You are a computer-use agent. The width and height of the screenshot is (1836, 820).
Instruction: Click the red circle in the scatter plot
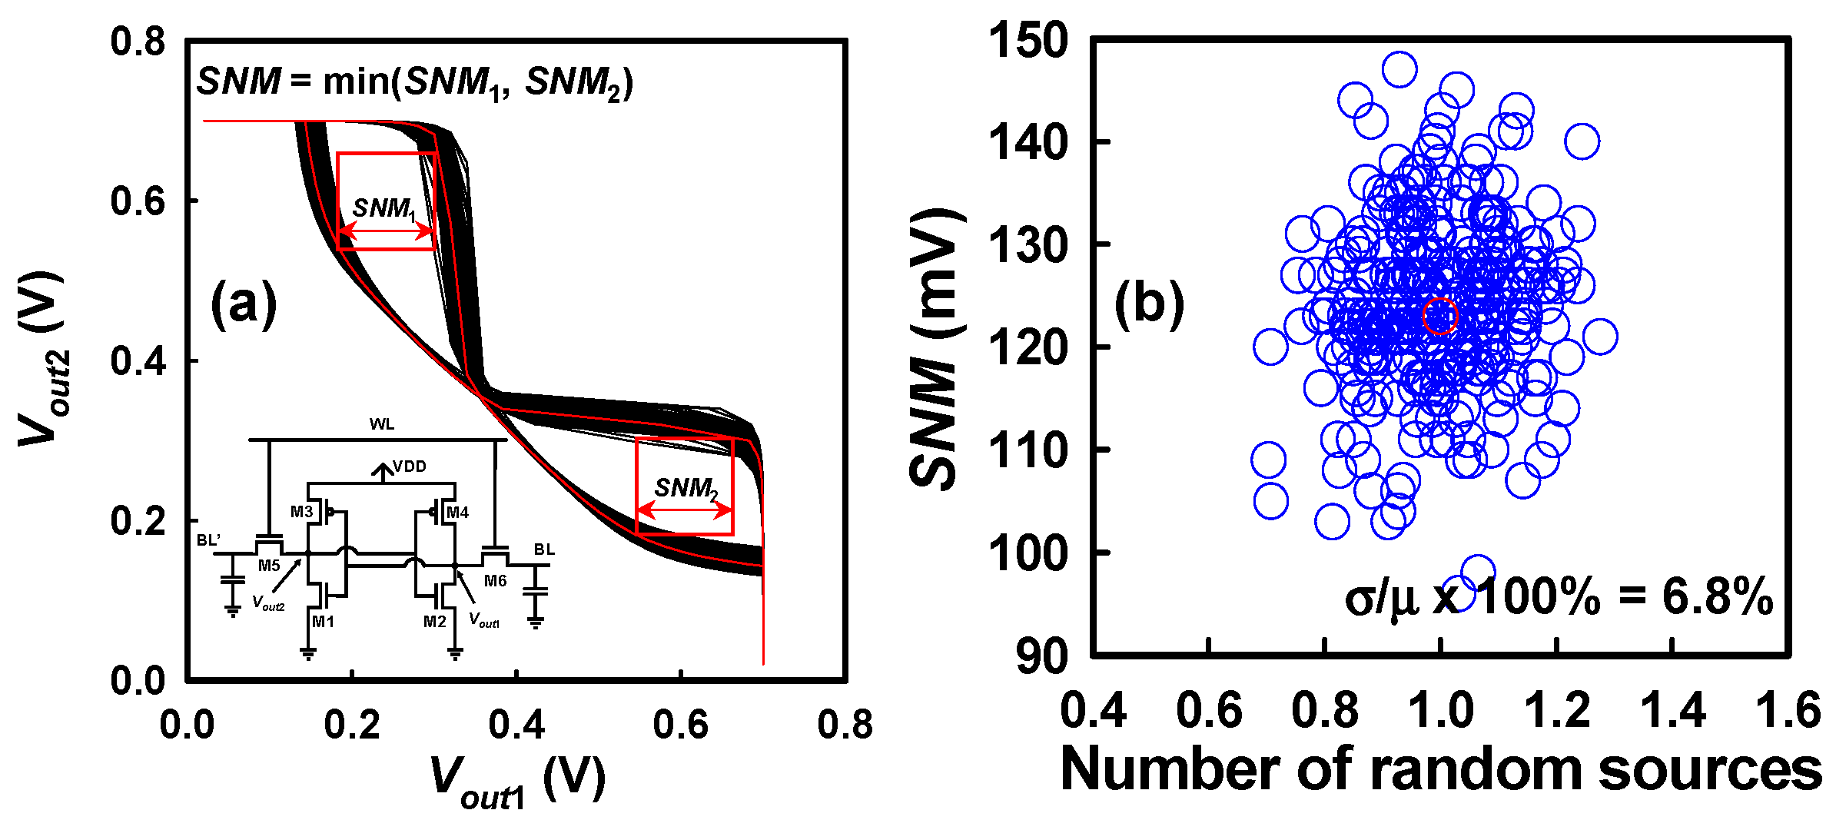pos(1439,316)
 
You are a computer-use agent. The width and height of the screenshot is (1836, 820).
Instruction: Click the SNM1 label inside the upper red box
pos(384,208)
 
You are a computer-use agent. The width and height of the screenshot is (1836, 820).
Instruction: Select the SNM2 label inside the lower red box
pos(686,488)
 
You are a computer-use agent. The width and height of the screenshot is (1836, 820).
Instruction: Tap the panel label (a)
pos(243,304)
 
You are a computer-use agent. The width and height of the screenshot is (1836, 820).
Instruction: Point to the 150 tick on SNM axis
pos(1028,40)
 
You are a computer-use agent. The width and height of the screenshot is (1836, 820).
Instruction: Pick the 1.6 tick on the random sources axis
pos(1788,710)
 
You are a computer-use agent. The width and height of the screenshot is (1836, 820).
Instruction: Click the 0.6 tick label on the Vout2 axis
pos(138,201)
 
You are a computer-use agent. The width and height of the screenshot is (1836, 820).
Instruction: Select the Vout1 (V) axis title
pos(516,781)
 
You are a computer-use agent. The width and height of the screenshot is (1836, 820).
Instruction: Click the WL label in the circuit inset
pos(382,424)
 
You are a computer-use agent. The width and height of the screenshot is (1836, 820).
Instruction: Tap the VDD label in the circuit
pos(409,466)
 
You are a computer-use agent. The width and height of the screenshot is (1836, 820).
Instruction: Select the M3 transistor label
pos(301,512)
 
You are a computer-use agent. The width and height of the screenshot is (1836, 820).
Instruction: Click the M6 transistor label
pos(495,581)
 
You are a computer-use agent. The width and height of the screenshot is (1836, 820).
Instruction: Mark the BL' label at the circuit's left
pos(208,540)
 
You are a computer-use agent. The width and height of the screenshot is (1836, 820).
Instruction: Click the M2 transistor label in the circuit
pos(434,621)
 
